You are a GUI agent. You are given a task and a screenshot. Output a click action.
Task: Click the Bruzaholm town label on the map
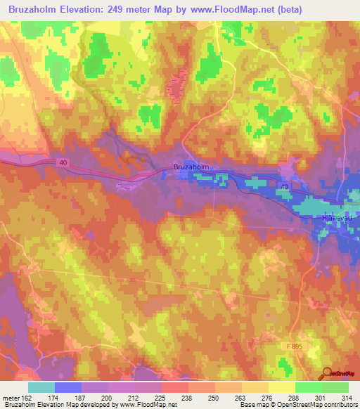191,167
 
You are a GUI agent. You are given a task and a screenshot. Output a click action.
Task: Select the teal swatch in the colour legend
41,387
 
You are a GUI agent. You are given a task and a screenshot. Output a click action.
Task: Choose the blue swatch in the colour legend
68,387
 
